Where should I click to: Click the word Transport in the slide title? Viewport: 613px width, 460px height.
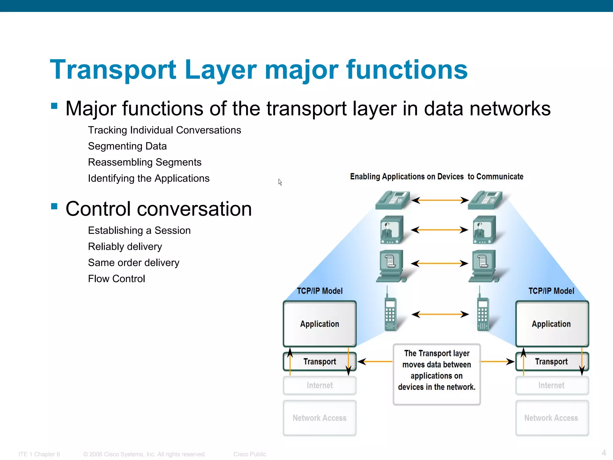click(x=113, y=70)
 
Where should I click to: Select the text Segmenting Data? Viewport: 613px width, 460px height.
click(x=127, y=146)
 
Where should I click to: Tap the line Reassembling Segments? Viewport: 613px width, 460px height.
click(x=145, y=162)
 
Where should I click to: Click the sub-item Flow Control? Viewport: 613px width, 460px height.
click(x=116, y=279)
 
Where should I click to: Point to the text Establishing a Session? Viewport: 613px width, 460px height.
click(x=139, y=231)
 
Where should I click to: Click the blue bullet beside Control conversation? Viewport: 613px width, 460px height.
click(x=54, y=206)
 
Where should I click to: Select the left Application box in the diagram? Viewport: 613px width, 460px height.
click(x=319, y=324)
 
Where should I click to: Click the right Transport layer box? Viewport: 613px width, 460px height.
click(x=551, y=362)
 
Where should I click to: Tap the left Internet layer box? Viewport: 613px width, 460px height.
click(x=319, y=385)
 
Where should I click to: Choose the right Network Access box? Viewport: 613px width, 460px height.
click(x=551, y=418)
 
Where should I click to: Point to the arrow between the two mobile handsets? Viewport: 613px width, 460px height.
click(x=440, y=314)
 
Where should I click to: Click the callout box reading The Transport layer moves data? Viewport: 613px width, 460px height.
click(x=437, y=374)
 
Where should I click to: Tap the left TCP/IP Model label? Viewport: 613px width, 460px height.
click(x=319, y=291)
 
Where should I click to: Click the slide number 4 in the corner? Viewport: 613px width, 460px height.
click(x=604, y=453)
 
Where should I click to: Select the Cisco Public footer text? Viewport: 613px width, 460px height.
click(x=250, y=454)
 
